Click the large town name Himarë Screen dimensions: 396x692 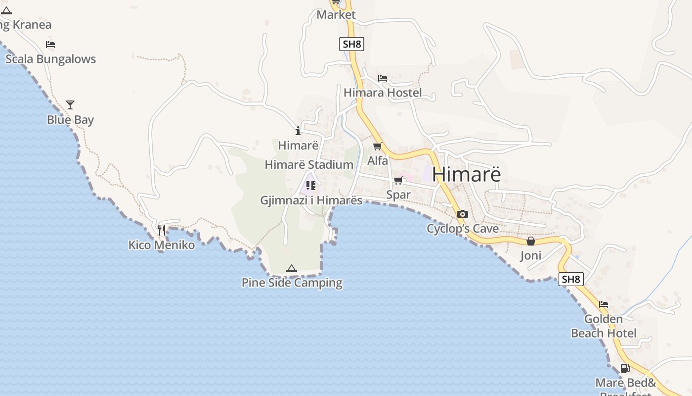pos(467,174)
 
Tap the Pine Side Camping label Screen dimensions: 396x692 pos(292,283)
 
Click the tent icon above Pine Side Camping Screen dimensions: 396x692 pos(292,269)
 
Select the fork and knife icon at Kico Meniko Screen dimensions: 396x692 pos(162,230)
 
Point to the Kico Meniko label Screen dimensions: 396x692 pos(162,245)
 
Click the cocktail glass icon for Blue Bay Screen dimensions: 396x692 pos(70,105)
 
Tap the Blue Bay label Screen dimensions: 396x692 pos(70,120)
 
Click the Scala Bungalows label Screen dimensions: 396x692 pos(50,59)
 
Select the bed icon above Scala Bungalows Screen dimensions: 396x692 pos(50,45)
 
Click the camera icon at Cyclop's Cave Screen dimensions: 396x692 pos(463,214)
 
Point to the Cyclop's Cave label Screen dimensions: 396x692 pos(463,229)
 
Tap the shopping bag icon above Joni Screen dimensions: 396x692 pos(531,241)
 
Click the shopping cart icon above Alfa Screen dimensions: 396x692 pos(378,146)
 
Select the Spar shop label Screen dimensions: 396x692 pos(398,195)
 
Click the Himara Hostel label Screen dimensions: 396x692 pos(383,93)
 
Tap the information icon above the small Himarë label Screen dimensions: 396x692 pos(298,131)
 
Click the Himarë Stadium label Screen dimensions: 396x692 pos(309,165)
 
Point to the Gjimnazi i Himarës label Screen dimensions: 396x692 pos(311,200)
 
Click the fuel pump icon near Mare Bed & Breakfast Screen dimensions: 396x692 pos(625,368)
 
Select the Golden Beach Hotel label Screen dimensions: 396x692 pos(604,326)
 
